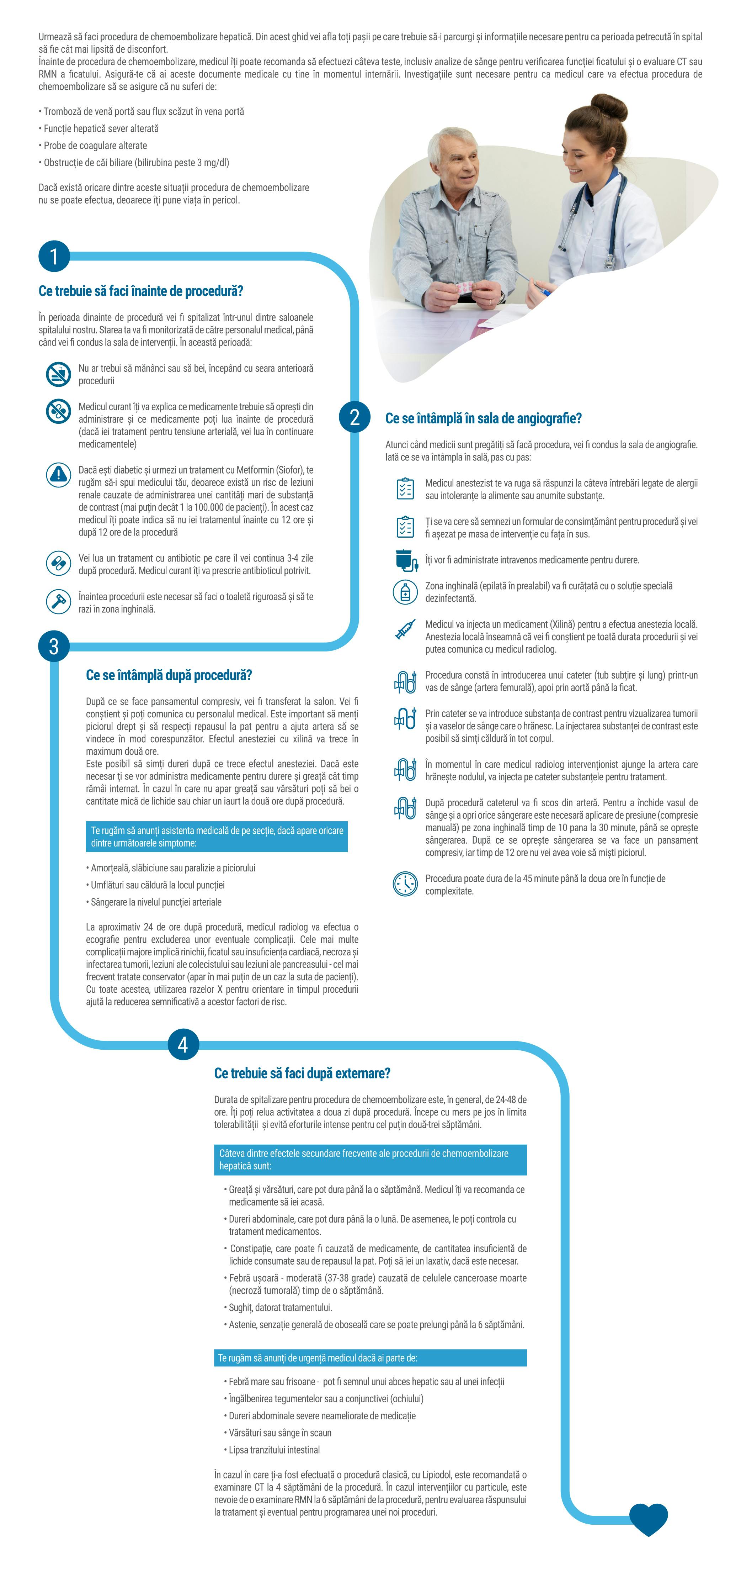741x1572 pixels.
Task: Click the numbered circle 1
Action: click(x=54, y=256)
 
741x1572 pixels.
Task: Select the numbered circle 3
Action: click(x=54, y=646)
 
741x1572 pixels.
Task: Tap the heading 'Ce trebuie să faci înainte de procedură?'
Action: click(x=141, y=291)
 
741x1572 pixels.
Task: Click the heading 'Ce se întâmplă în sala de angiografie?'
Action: click(x=483, y=419)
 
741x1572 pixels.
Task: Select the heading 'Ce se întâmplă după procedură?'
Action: click(x=169, y=675)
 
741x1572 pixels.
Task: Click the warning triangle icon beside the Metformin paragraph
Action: click(x=59, y=474)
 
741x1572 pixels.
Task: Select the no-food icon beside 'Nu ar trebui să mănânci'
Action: click(x=59, y=374)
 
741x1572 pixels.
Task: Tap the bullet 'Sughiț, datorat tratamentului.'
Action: click(x=281, y=1308)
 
